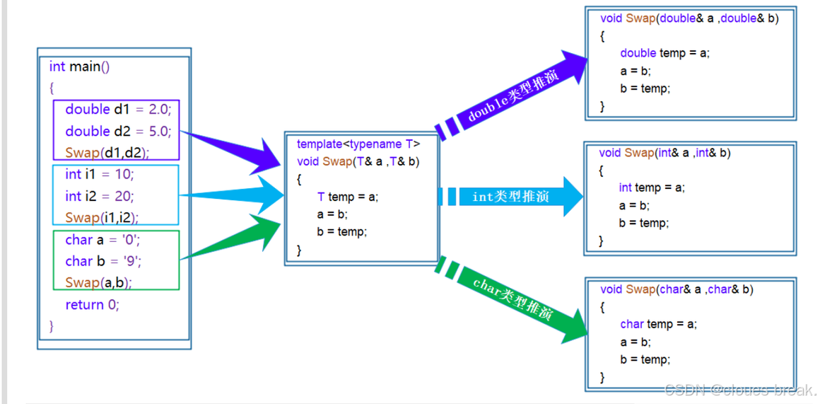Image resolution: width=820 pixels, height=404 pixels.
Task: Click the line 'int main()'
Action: click(x=79, y=67)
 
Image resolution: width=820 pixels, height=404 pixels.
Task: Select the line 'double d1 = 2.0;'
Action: click(x=118, y=110)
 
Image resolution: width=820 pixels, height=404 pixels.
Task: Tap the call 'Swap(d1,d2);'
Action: click(x=107, y=152)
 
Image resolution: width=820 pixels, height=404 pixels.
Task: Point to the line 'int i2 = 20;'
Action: click(x=99, y=196)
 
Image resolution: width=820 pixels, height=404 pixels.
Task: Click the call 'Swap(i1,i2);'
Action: click(x=102, y=217)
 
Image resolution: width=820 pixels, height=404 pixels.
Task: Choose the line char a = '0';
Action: click(x=102, y=240)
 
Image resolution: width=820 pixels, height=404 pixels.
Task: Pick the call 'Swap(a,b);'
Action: click(x=98, y=282)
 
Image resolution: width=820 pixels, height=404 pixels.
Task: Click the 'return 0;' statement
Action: click(x=92, y=305)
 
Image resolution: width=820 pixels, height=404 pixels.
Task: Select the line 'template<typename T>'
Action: click(x=358, y=144)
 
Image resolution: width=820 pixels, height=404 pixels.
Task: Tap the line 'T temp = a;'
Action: click(x=348, y=197)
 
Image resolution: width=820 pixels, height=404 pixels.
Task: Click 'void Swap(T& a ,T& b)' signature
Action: click(x=358, y=161)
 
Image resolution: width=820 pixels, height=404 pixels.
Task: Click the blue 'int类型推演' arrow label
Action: click(x=510, y=197)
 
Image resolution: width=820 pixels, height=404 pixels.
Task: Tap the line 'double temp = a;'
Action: click(x=664, y=53)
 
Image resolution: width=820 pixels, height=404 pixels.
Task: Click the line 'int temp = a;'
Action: click(x=652, y=187)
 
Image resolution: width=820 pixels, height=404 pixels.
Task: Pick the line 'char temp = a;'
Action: click(x=658, y=324)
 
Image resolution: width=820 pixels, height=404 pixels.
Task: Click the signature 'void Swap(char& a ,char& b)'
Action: click(x=676, y=289)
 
